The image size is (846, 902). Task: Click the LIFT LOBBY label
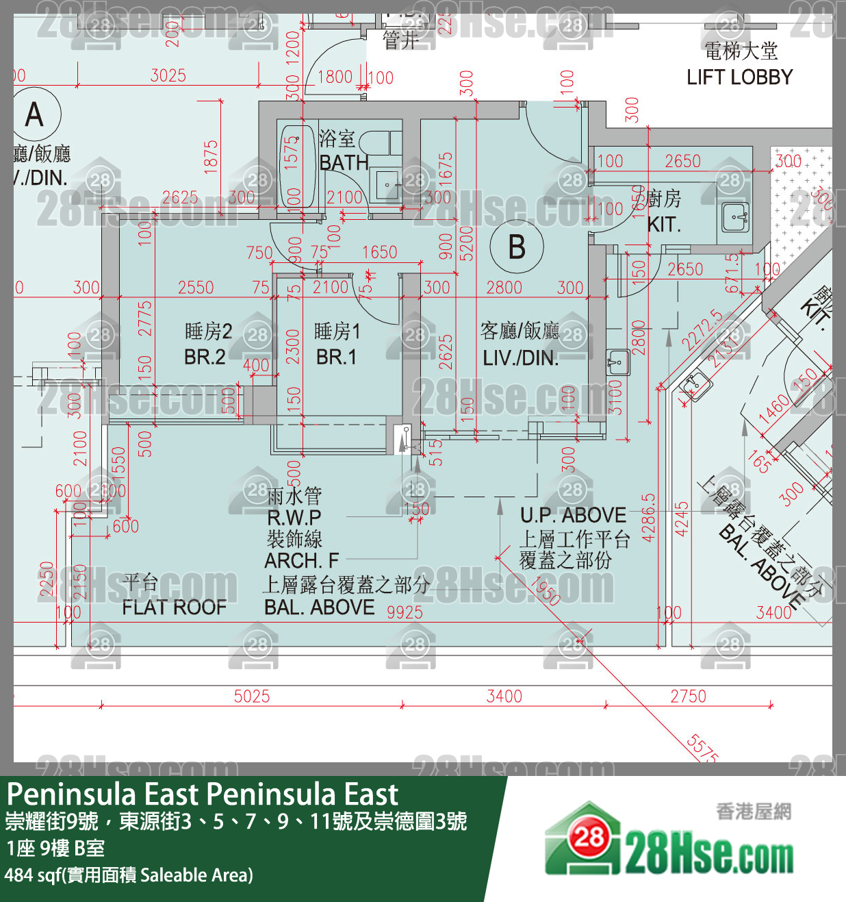[739, 77]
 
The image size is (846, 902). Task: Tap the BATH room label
[344, 162]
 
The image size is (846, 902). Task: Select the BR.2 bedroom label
[205, 357]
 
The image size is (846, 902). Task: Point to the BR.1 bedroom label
[336, 357]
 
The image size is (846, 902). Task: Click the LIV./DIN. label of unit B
[520, 358]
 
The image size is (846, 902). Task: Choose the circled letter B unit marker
[517, 247]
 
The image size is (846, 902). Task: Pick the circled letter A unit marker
[34, 114]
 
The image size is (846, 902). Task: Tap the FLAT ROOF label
[174, 607]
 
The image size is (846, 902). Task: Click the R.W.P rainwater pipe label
[294, 517]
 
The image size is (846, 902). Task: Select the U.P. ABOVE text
[573, 515]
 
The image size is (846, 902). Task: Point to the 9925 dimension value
[405, 612]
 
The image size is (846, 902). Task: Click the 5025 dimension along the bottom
[252, 697]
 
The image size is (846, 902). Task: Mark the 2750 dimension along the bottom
[688, 697]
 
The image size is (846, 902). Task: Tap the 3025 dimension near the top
[168, 75]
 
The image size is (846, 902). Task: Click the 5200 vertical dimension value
[467, 243]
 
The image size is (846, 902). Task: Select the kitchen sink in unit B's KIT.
[735, 217]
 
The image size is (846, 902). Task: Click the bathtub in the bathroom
[297, 164]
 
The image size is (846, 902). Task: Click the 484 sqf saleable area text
[129, 875]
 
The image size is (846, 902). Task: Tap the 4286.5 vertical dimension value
[649, 517]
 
